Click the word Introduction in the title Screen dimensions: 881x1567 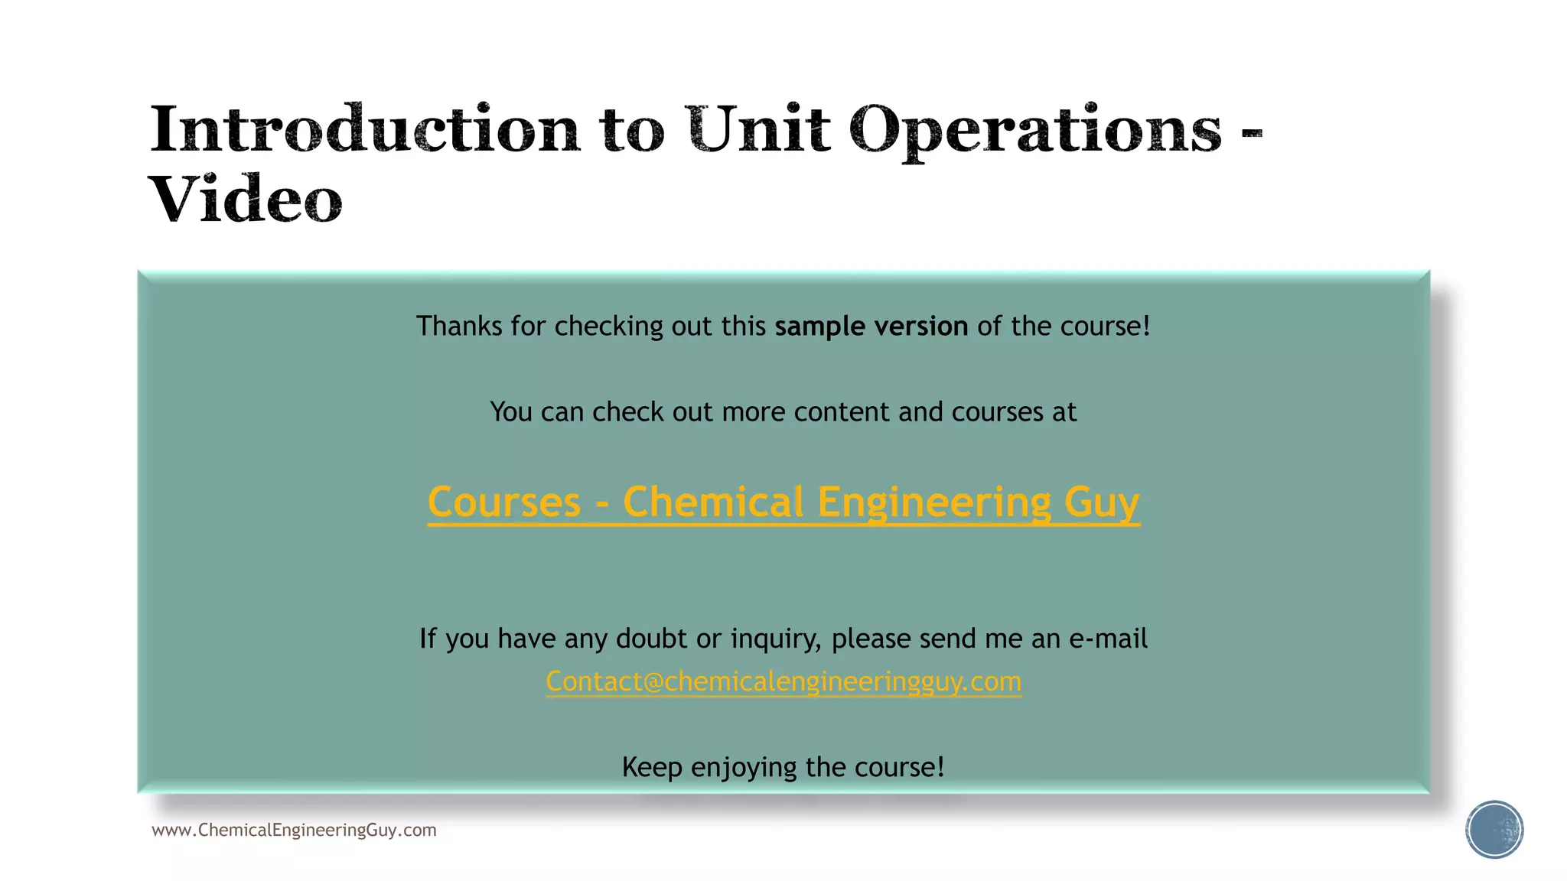pyautogui.click(x=365, y=128)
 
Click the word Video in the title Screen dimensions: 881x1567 pyautogui.click(x=246, y=199)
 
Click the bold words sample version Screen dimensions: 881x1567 pyautogui.click(x=871, y=327)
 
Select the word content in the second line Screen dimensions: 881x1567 pyautogui.click(x=842, y=412)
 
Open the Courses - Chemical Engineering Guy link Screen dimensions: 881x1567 pyautogui.click(x=783, y=502)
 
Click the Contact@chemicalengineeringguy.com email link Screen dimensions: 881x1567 pyautogui.click(x=783, y=681)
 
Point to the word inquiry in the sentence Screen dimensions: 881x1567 pyautogui.click(x=776, y=639)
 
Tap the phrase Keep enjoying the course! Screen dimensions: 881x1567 pyautogui.click(x=783, y=767)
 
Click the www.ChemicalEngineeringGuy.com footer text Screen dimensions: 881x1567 pyautogui.click(x=294, y=831)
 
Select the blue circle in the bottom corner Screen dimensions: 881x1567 pyautogui.click(x=1494, y=830)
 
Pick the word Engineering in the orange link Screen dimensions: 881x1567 pyautogui.click(x=934, y=502)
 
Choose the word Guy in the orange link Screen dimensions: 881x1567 pyautogui.click(x=1101, y=502)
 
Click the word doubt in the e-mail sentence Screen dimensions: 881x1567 pyautogui.click(x=651, y=639)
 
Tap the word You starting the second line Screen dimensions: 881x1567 pyautogui.click(x=511, y=412)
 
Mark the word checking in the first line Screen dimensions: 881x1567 pyautogui.click(x=609, y=327)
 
